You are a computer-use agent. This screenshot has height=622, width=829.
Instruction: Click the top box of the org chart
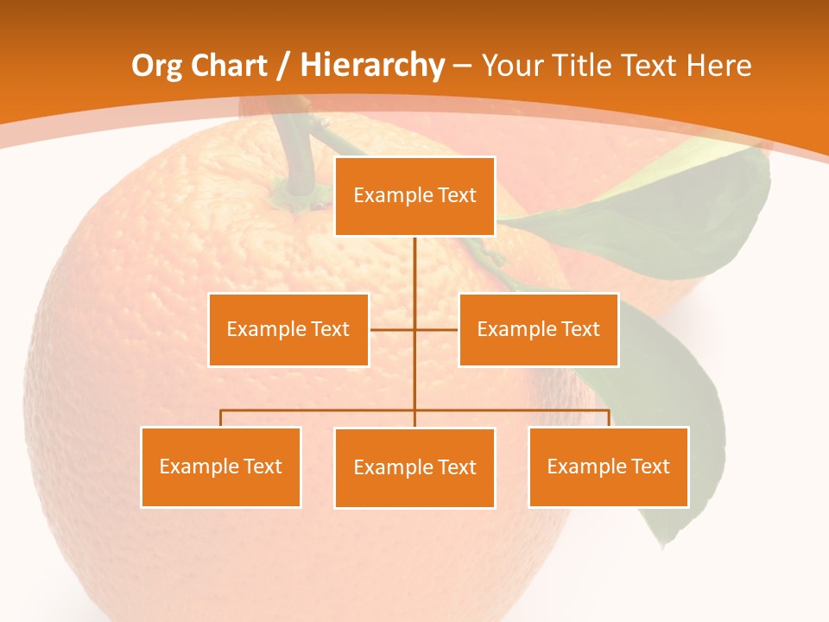[x=415, y=196]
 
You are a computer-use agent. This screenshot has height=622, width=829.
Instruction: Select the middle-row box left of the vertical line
[x=288, y=329]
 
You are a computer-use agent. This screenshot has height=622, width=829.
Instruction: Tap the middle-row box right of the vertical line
[x=538, y=329]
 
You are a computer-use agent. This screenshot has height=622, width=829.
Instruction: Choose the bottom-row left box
[x=221, y=466]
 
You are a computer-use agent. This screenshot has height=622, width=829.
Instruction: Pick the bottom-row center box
[x=415, y=467]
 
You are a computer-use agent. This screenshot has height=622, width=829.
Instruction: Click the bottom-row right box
[x=609, y=466]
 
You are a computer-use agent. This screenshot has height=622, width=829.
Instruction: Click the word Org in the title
[x=157, y=66]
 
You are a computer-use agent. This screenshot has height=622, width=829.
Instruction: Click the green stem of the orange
[x=295, y=155]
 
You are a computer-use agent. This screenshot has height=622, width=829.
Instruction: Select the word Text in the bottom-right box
[x=650, y=466]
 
